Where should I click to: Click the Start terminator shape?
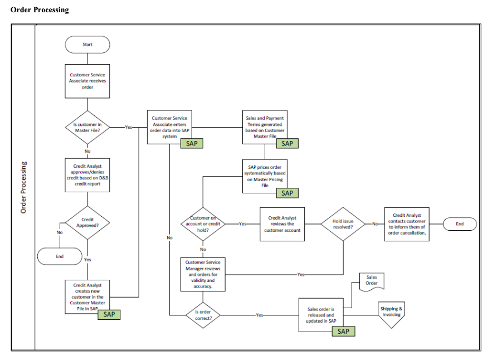[87, 45]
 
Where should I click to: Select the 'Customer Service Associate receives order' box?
[87, 81]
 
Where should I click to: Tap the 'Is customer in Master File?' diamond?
[87, 127]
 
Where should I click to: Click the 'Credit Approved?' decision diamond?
[87, 223]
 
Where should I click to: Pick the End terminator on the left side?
[60, 256]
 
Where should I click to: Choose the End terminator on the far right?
[460, 224]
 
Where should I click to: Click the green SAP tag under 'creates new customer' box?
[109, 314]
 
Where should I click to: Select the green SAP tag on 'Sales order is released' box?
[343, 331]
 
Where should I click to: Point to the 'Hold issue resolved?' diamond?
[343, 224]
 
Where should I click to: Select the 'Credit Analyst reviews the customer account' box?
[282, 224]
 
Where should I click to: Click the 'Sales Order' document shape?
[371, 280]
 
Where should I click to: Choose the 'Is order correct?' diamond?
[203, 315]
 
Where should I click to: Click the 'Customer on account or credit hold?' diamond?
[203, 224]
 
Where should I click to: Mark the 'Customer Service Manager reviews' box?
[203, 274]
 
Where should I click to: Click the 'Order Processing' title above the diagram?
[40, 9]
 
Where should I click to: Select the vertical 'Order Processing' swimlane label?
[23, 188]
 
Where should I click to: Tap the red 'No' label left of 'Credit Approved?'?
[60, 232]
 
